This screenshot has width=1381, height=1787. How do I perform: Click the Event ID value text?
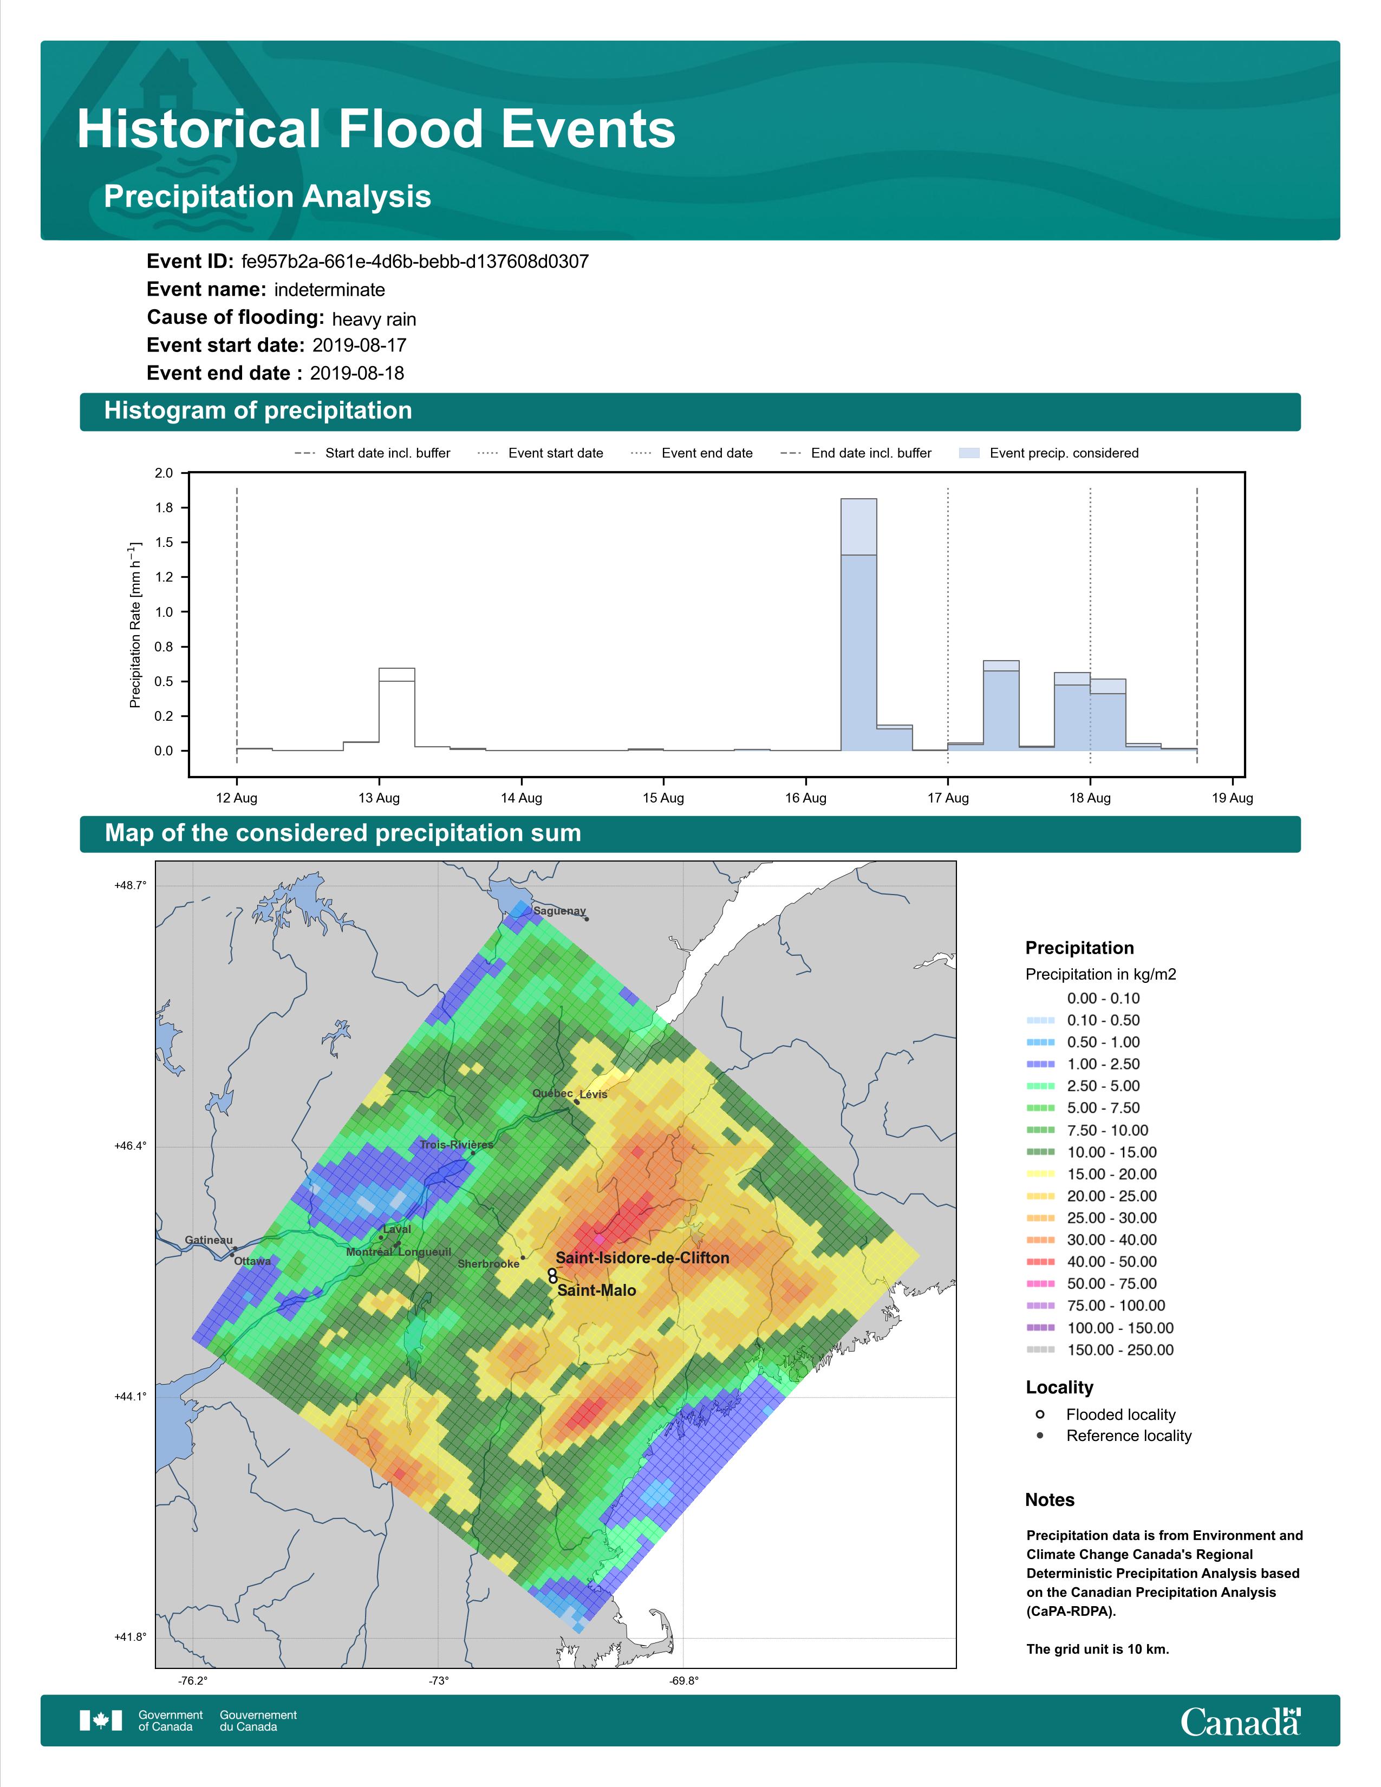415,262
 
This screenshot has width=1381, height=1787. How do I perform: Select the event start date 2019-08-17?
359,345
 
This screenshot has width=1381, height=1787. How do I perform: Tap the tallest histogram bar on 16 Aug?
859,624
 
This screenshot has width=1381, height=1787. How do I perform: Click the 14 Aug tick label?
521,798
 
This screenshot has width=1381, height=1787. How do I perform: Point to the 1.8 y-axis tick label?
164,508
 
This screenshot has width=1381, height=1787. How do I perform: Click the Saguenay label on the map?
559,911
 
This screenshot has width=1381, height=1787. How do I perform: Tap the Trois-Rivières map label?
457,1145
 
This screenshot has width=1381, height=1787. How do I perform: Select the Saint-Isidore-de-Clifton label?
642,1257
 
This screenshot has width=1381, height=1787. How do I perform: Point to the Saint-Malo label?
596,1290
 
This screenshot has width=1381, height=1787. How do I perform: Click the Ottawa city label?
253,1261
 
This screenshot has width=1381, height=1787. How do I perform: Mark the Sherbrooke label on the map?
488,1263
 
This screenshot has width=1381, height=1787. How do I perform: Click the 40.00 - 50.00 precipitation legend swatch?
1040,1262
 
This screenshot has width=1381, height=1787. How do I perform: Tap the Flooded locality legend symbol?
1040,1414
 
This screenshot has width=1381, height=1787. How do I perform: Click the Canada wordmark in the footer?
1240,1721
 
